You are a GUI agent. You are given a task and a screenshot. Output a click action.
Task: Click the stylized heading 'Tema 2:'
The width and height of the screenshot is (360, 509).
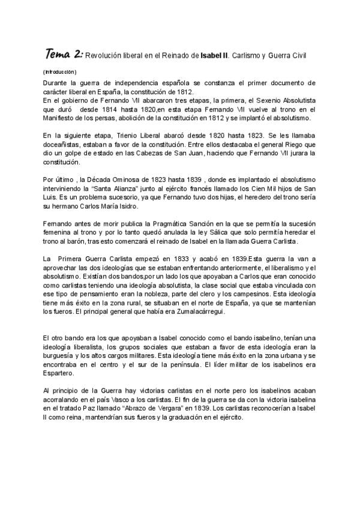[64, 55]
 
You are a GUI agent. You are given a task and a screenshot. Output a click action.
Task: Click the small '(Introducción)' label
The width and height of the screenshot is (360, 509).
[60, 72]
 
